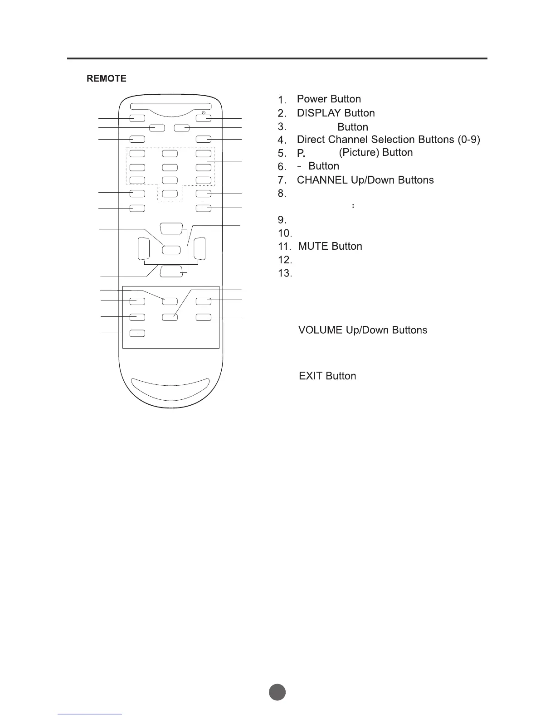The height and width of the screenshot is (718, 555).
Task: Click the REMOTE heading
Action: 107,78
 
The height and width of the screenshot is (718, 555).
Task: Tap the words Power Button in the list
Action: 329,99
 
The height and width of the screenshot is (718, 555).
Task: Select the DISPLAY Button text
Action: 336,113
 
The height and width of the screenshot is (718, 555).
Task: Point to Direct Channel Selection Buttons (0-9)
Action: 388,139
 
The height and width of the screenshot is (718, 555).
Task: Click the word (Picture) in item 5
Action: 359,152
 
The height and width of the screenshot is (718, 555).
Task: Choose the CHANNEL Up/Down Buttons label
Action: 365,180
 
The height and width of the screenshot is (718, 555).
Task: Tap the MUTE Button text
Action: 330,246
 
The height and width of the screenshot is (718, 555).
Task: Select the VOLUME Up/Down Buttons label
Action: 363,330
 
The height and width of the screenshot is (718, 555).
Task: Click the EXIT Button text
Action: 327,376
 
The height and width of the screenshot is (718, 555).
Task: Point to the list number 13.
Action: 284,273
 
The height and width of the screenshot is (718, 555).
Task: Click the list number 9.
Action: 282,220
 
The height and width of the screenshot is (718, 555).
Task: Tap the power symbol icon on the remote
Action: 204,112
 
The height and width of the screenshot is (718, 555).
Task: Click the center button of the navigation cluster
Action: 171,249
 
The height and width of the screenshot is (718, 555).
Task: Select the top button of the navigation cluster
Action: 171,228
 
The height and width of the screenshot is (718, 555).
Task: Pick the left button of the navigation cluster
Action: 143,249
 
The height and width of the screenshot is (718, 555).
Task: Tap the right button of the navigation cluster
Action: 200,249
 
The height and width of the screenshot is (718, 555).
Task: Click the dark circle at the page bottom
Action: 277,692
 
